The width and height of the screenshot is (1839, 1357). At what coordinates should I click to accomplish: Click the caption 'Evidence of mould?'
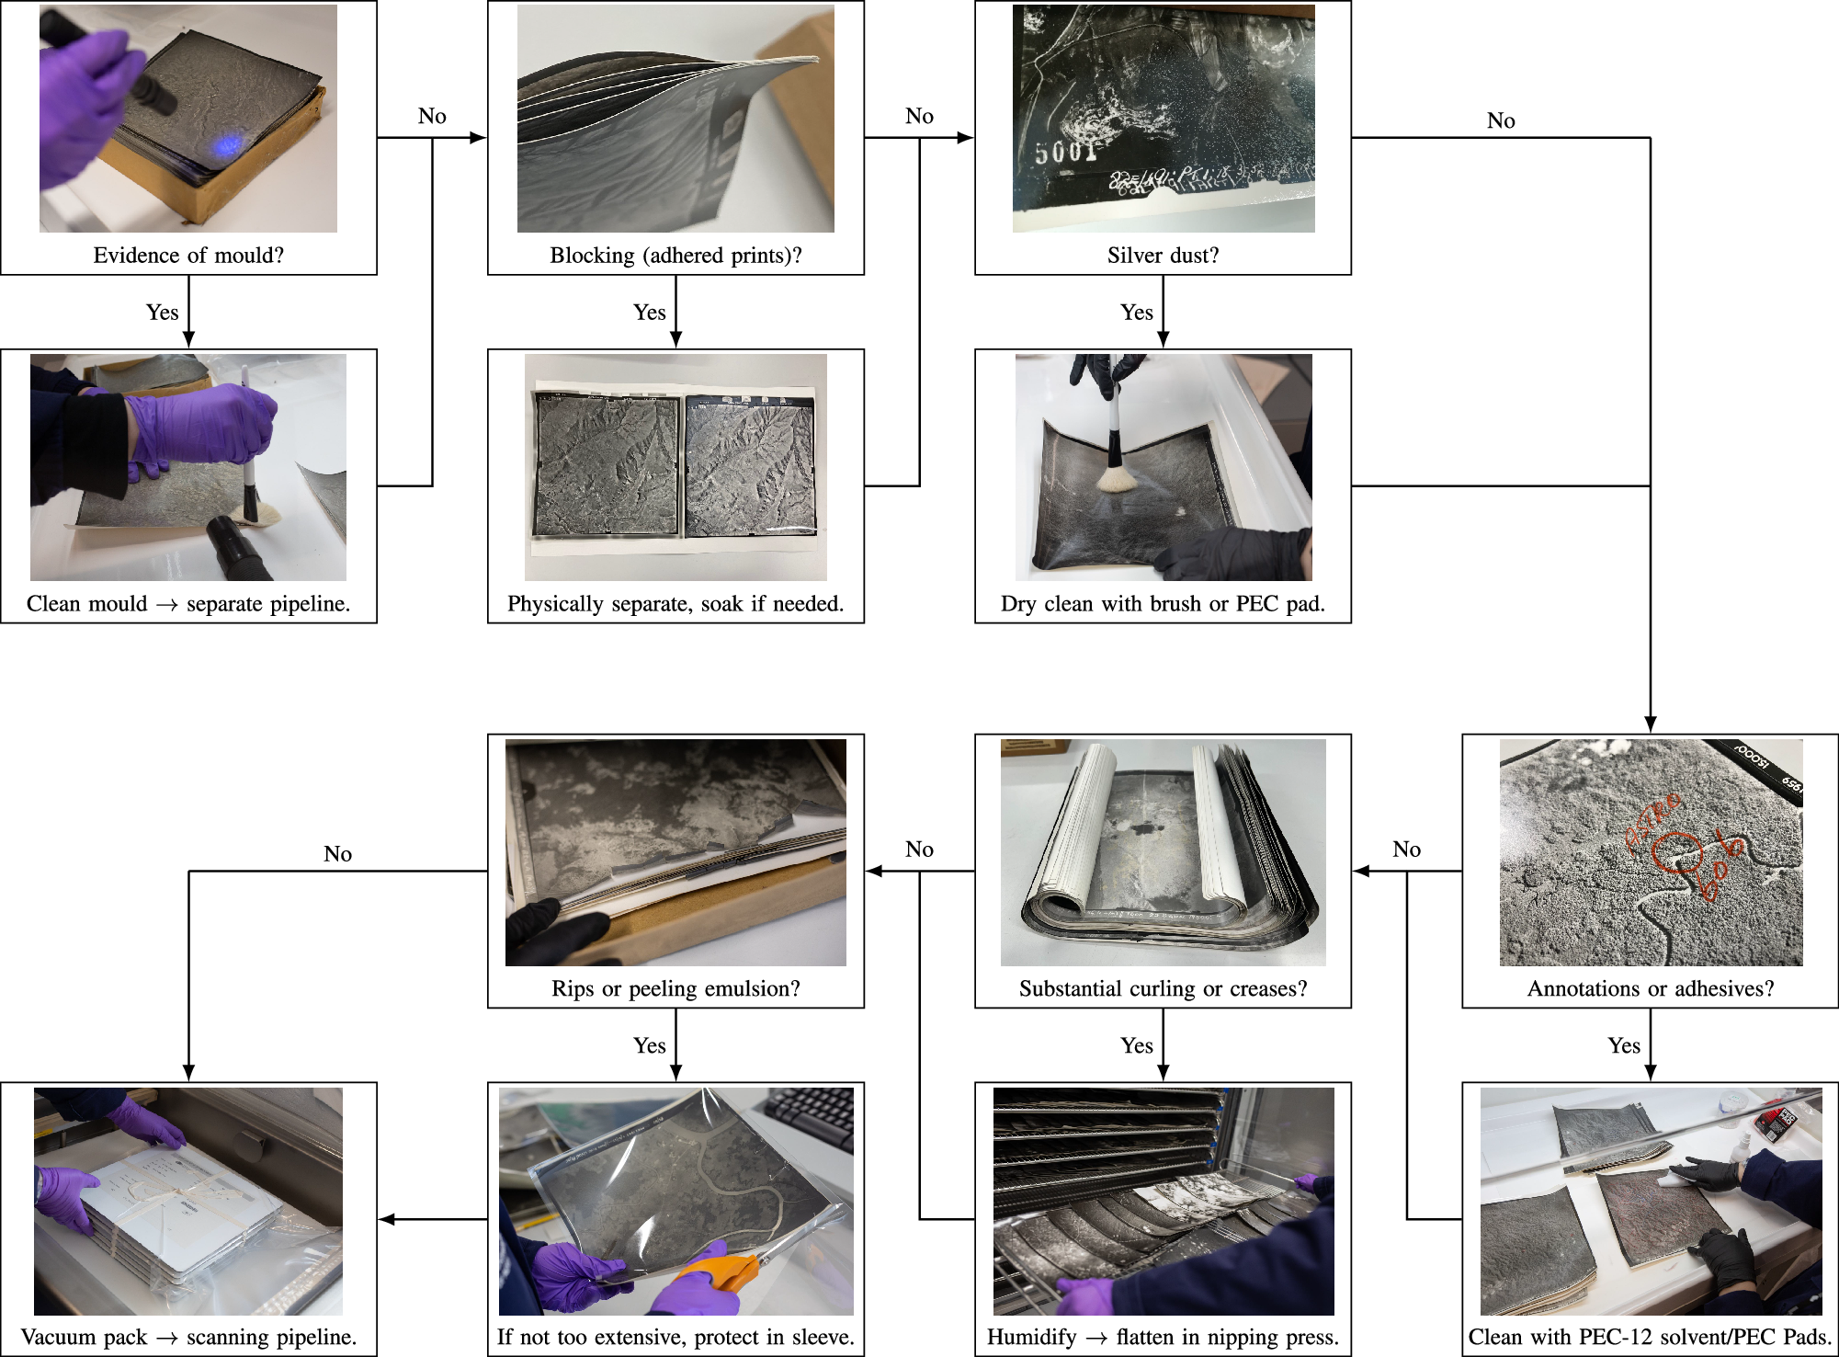[188, 255]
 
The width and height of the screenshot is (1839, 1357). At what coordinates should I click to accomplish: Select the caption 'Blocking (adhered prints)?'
[675, 255]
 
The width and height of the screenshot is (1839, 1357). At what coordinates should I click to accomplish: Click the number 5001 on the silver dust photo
[1067, 151]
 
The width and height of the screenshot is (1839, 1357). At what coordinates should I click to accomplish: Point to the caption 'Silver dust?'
[1163, 255]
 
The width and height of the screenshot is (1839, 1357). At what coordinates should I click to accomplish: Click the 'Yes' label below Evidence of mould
[162, 312]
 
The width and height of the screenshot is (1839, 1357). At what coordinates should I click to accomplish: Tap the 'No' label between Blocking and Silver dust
[919, 116]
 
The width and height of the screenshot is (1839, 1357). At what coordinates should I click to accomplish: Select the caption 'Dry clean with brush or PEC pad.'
[1163, 603]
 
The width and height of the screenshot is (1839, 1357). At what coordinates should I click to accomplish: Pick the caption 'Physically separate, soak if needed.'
[675, 603]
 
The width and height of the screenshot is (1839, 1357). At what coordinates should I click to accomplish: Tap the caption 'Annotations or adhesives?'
[1650, 988]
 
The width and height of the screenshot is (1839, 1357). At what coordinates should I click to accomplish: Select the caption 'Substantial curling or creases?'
[1163, 988]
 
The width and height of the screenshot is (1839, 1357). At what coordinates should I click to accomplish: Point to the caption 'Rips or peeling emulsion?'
[675, 988]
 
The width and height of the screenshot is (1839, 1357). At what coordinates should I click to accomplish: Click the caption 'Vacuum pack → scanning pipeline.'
[188, 1337]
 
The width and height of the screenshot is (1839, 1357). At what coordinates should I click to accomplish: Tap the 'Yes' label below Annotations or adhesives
[1623, 1045]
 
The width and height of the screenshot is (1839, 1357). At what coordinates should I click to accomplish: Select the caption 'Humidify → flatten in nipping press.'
[1163, 1337]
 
